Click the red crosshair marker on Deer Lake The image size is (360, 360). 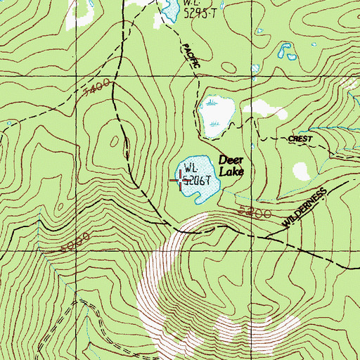coord(184,181)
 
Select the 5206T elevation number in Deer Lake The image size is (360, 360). coord(198,181)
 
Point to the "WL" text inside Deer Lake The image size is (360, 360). coord(189,168)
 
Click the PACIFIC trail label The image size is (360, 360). coord(191,56)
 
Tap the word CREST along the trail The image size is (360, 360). coord(300,139)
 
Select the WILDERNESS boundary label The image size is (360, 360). coord(307,207)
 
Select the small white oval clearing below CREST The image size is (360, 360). coord(302,171)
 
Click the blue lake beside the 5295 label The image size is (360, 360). coord(169,8)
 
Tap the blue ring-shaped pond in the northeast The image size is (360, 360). coord(284,51)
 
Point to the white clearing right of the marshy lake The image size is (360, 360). coord(265,108)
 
